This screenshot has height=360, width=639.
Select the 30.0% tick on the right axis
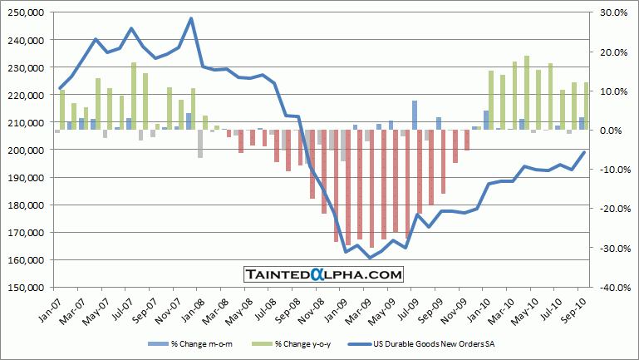point(612,12)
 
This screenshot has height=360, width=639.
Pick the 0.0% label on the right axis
point(612,131)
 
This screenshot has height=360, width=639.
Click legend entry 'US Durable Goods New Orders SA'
point(422,343)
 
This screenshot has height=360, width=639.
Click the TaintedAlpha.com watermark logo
point(324,274)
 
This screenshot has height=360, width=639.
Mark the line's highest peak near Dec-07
point(191,18)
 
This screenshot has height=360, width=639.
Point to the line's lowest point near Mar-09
point(370,258)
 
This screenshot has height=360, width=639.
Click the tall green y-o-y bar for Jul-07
point(134,96)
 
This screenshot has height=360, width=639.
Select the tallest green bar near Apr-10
point(527,93)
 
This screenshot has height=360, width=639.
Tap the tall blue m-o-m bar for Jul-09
point(414,116)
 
